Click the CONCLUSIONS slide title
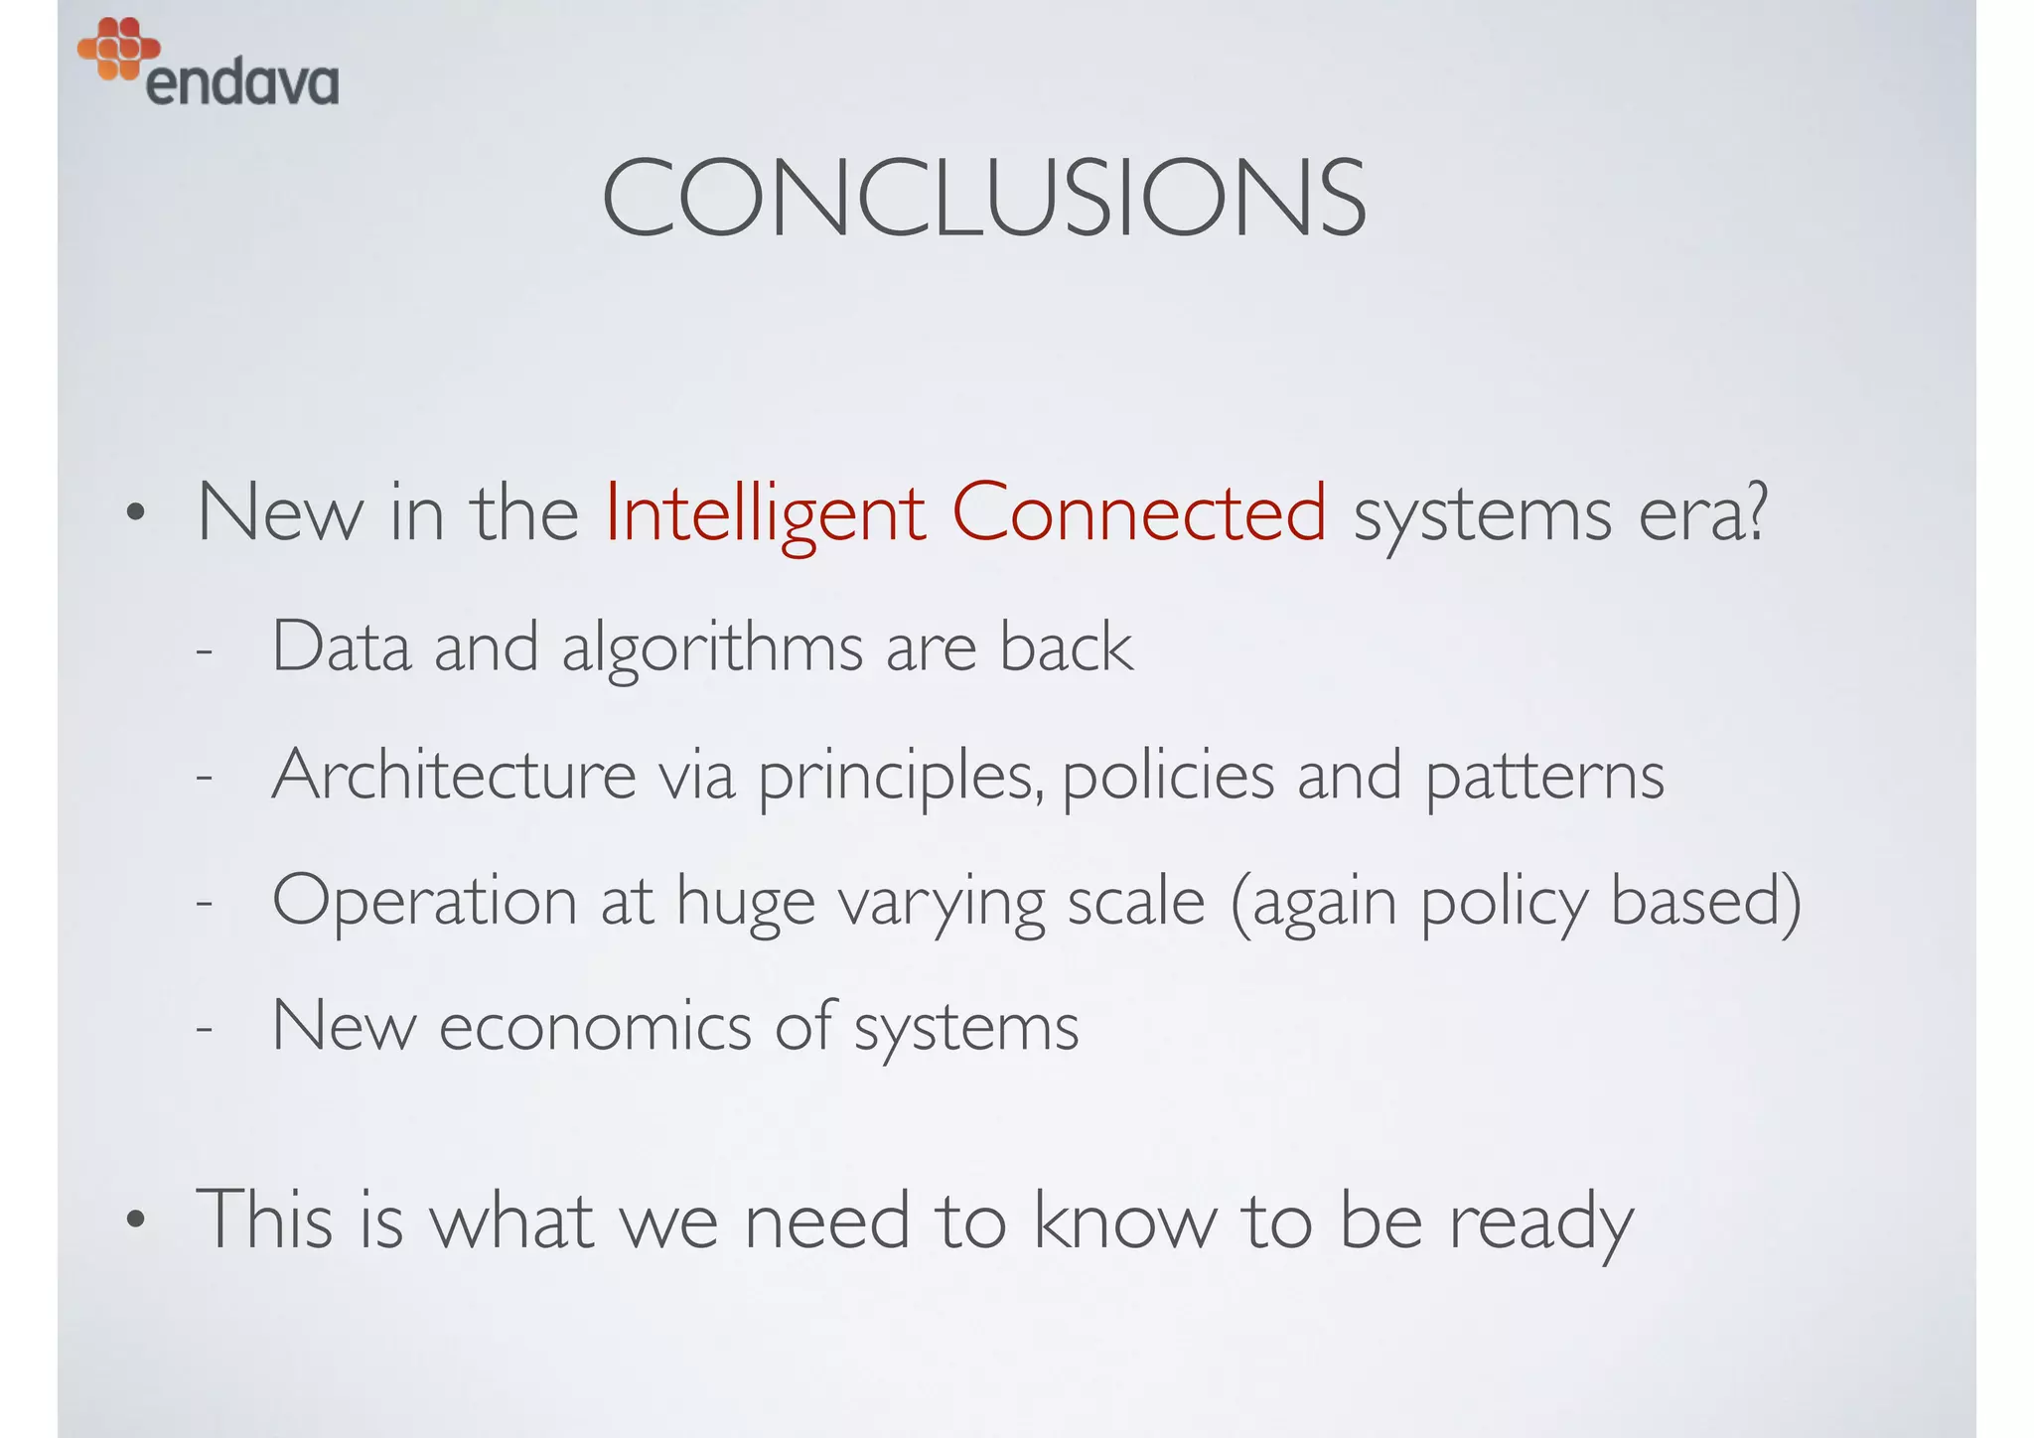pos(983,199)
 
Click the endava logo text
pos(242,83)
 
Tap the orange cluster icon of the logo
pos(118,48)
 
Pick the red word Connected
pos(1138,513)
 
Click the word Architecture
pos(454,776)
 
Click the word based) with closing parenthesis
pos(1704,902)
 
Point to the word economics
pos(595,1027)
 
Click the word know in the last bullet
pos(1124,1220)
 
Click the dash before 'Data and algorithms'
pos(204,652)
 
